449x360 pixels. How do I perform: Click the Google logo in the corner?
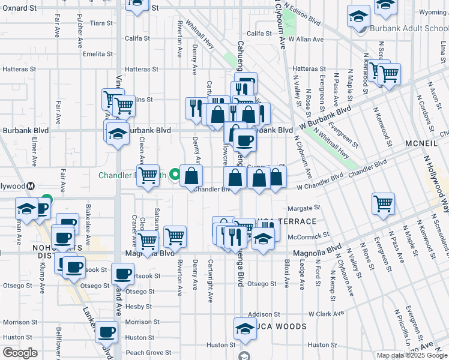pos(20,353)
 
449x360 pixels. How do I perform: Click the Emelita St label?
pos(95,53)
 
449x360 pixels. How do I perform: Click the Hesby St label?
pos(139,306)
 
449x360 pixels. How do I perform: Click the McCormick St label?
pos(307,237)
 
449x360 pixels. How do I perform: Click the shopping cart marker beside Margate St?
pos(382,203)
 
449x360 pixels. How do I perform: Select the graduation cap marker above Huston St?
pos(245,328)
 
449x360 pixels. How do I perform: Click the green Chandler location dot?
pos(175,175)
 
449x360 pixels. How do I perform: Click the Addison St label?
pos(264,314)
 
